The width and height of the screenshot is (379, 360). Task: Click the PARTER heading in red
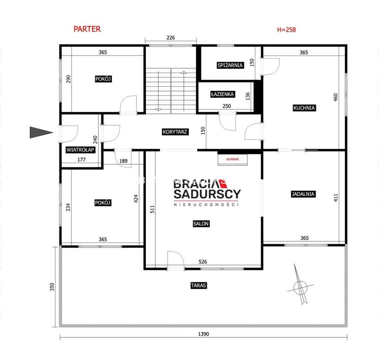tap(87, 29)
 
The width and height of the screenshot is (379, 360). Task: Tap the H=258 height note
tap(287, 30)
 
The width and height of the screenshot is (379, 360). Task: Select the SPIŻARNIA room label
tap(230, 65)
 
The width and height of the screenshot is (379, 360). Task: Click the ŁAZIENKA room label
tap(222, 94)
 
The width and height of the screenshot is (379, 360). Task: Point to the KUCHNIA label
tap(304, 108)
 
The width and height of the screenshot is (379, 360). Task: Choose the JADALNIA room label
tap(303, 194)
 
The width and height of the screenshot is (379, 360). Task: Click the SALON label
tap(201, 224)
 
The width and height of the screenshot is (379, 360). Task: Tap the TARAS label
tap(199, 286)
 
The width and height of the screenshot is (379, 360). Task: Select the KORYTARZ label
tap(175, 132)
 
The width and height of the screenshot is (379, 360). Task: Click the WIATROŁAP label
tap(80, 150)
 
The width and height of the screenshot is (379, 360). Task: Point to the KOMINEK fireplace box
tap(233, 160)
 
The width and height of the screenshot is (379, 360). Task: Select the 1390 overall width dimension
tap(204, 334)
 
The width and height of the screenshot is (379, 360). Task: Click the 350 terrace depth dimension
tap(52, 287)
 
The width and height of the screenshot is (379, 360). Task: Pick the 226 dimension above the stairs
tap(171, 38)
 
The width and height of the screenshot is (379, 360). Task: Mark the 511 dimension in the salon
tap(152, 209)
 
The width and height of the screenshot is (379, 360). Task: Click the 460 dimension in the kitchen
tap(335, 97)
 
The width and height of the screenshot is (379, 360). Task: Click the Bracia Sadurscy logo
tap(207, 193)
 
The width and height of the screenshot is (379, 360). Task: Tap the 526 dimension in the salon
tap(203, 262)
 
